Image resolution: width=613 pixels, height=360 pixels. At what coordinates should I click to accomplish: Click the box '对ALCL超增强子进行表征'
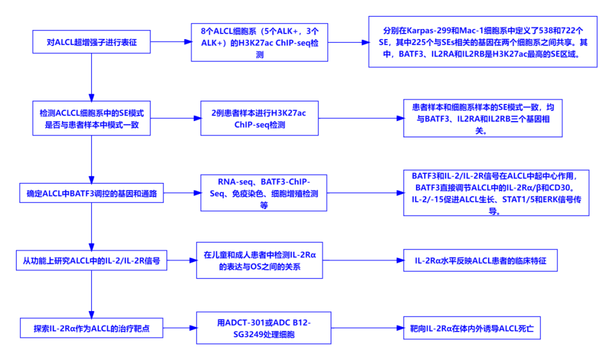pyautogui.click(x=91, y=41)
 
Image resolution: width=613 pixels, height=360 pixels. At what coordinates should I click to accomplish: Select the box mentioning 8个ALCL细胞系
pyautogui.click(x=260, y=41)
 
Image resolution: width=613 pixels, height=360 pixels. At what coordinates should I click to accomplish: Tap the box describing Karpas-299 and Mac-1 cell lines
pyautogui.click(x=482, y=41)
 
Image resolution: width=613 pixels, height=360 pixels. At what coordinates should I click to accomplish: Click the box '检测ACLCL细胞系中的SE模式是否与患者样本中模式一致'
pyautogui.click(x=91, y=119)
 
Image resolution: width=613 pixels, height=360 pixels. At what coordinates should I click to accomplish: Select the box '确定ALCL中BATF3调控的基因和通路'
pyautogui.click(x=91, y=194)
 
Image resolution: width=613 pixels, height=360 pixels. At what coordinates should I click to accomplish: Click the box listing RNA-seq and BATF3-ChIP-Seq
pyautogui.click(x=263, y=194)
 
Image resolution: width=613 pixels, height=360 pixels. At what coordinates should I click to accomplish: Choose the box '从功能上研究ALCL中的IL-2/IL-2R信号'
pyautogui.click(x=91, y=261)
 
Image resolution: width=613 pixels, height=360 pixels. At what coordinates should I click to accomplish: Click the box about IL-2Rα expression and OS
pyautogui.click(x=259, y=261)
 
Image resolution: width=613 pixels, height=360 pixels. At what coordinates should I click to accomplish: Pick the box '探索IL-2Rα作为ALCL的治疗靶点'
pyautogui.click(x=91, y=328)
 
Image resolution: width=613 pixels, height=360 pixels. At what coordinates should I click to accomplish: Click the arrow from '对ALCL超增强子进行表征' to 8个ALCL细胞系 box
pyautogui.click(x=170, y=41)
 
